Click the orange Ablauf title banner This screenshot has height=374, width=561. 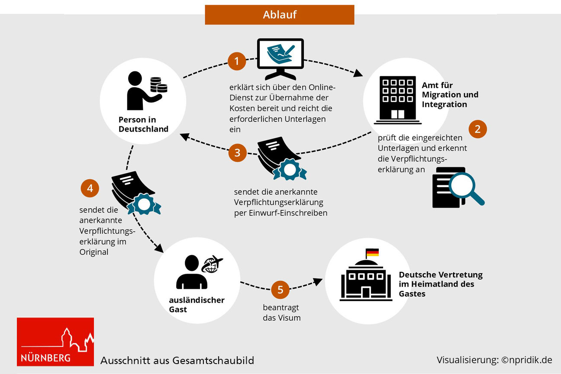(x=279, y=15)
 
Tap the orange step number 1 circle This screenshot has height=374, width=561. (x=237, y=61)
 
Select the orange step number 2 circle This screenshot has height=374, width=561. (x=477, y=129)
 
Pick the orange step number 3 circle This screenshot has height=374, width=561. (x=237, y=153)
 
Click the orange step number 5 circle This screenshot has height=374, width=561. (x=280, y=290)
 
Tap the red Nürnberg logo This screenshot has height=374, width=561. (x=55, y=342)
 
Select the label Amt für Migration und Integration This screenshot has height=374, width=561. (x=450, y=95)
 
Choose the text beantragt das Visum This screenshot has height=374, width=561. (x=281, y=313)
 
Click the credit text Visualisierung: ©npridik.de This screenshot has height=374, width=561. (x=494, y=360)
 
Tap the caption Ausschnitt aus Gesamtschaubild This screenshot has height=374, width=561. (x=177, y=360)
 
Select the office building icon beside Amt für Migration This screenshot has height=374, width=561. (x=397, y=99)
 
